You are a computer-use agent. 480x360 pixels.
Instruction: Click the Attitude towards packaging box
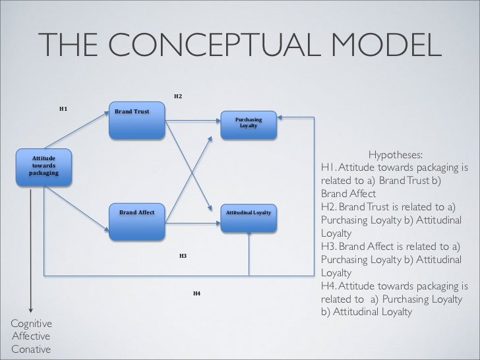(44, 167)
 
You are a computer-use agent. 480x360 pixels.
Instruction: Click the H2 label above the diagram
(178, 97)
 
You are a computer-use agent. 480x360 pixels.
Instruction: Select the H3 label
(183, 255)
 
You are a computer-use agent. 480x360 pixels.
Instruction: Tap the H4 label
(196, 292)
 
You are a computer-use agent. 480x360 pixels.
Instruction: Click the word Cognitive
(30, 324)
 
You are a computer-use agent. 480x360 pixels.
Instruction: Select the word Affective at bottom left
(30, 336)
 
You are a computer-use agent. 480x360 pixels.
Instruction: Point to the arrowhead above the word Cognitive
(30, 311)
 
